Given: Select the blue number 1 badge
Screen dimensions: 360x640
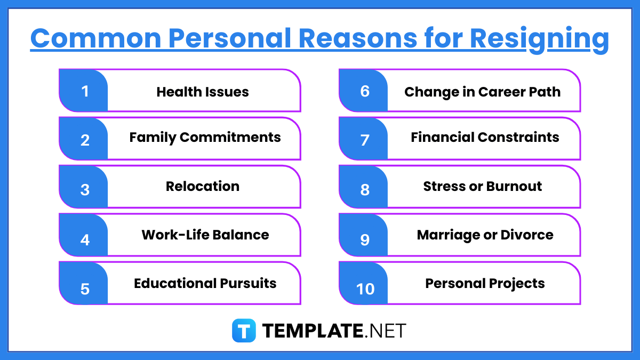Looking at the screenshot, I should click(x=84, y=91).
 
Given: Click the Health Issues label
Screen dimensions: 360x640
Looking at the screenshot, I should click(x=203, y=92).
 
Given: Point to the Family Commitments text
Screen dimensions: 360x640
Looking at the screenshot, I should click(x=205, y=137).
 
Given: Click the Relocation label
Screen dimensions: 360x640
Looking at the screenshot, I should click(x=203, y=186).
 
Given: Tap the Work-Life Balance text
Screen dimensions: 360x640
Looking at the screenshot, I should click(x=205, y=235).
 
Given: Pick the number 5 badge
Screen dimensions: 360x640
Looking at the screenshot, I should click(x=84, y=289).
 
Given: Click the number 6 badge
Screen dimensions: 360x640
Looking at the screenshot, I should click(x=364, y=91).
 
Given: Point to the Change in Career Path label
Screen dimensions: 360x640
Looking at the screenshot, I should click(x=482, y=92).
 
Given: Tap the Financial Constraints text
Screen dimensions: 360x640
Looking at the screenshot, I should click(x=485, y=137).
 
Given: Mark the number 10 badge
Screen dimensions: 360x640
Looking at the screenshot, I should click(x=365, y=289).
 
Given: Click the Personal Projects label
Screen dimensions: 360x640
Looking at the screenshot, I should click(x=485, y=283).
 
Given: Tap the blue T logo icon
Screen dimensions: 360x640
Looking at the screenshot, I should click(x=244, y=331).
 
